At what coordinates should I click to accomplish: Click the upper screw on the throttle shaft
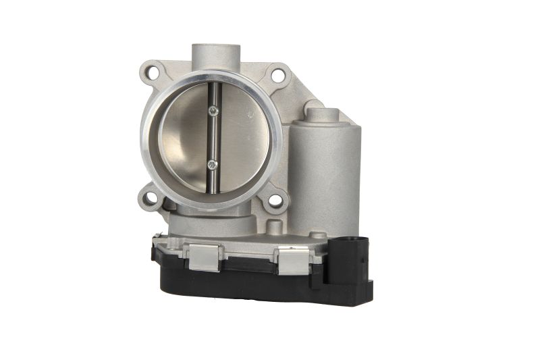[x=213, y=111]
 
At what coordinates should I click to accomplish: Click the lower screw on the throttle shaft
[x=213, y=163]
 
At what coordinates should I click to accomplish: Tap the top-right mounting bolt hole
[x=277, y=76]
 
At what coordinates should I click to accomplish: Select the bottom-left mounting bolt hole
[x=151, y=198]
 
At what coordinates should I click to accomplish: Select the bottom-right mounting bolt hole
[x=275, y=200]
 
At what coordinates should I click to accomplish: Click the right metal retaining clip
[x=293, y=260]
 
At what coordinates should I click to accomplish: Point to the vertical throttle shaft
[x=213, y=138]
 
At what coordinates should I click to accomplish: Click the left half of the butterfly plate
[x=186, y=138]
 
